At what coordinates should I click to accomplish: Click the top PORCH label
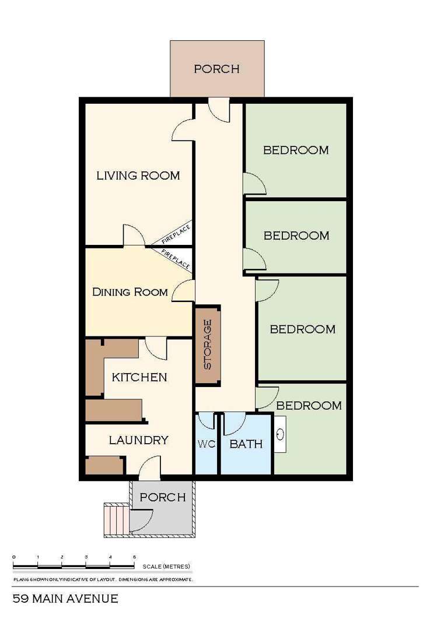coord(216,69)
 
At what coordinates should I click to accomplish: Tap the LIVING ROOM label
coord(138,175)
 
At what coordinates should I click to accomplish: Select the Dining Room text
coord(130,292)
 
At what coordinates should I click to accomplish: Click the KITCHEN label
coord(139,377)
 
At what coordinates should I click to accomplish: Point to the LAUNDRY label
coord(139,440)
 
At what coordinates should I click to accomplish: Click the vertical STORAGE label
coord(207,344)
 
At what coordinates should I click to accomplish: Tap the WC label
coord(206,444)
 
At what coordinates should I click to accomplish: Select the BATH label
coord(246,444)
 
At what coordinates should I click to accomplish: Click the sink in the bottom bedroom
coord(281,434)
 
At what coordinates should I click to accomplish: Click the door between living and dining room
coord(134,236)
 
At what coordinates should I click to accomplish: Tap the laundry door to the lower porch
coord(149,468)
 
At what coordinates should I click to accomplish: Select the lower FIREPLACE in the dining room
coord(176,259)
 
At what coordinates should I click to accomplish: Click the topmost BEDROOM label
coord(296,150)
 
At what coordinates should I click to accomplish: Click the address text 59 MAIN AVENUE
coord(65,599)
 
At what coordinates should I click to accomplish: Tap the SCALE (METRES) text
coord(166,566)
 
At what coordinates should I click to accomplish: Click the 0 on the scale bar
coord(13,558)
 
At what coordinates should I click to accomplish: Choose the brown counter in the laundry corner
coord(104,465)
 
